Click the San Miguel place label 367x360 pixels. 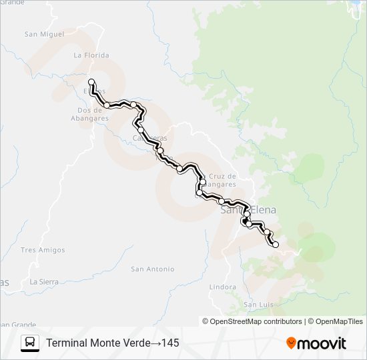44,33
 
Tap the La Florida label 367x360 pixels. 91,55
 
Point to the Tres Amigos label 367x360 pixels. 43,250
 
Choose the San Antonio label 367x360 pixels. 152,269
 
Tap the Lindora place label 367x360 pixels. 222,287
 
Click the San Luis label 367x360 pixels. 259,305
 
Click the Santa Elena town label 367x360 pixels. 248,210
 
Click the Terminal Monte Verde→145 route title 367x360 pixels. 112,343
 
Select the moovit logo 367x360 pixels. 316,343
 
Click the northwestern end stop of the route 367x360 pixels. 91,82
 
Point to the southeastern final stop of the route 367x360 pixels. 276,245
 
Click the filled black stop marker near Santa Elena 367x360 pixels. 246,221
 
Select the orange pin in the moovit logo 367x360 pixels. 292,343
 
